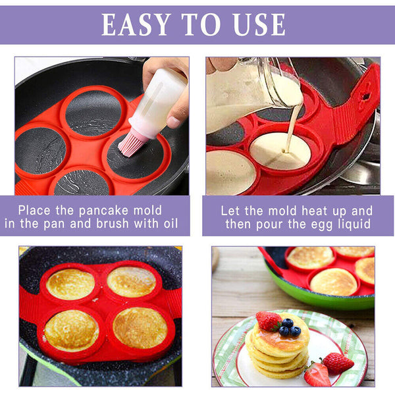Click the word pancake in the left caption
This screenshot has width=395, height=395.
105,210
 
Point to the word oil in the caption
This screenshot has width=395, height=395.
167,223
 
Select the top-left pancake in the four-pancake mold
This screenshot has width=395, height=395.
70,284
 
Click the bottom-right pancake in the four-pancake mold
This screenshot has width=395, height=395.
139,327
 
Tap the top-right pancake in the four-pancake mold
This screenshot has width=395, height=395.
132,281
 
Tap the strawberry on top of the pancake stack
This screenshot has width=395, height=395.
268,321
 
